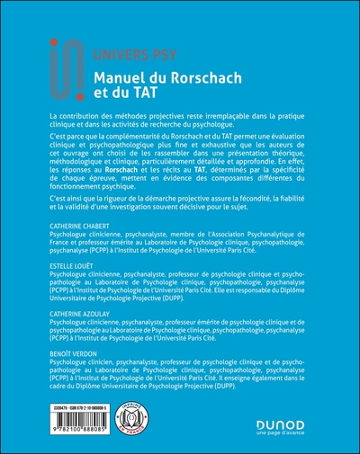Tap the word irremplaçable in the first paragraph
point(216,119)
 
